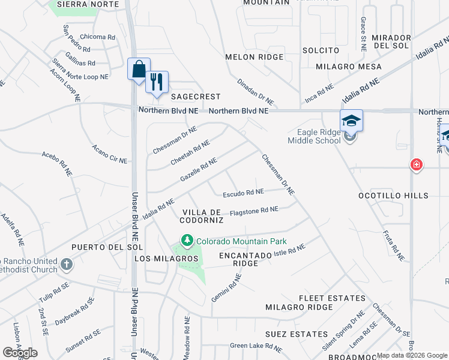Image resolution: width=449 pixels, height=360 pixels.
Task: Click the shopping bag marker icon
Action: [139, 69]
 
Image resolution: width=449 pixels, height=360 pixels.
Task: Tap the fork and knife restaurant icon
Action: [157, 82]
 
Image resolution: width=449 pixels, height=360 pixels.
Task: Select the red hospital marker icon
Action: [415, 164]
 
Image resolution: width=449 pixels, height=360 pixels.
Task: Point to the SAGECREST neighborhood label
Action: [196, 97]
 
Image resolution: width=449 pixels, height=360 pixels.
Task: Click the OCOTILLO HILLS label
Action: [393, 196]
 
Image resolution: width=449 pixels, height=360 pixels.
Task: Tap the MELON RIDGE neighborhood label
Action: [254, 57]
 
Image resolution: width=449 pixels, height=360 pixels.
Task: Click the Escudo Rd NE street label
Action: [243, 193]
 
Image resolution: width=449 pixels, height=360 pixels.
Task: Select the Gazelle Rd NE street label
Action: [199, 170]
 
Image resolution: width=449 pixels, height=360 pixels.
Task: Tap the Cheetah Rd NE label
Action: [190, 153]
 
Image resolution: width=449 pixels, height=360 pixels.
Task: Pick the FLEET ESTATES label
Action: [333, 298]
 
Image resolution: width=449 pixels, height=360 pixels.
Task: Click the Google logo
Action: [20, 353]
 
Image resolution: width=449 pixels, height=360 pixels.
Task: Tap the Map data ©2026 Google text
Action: [412, 355]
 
